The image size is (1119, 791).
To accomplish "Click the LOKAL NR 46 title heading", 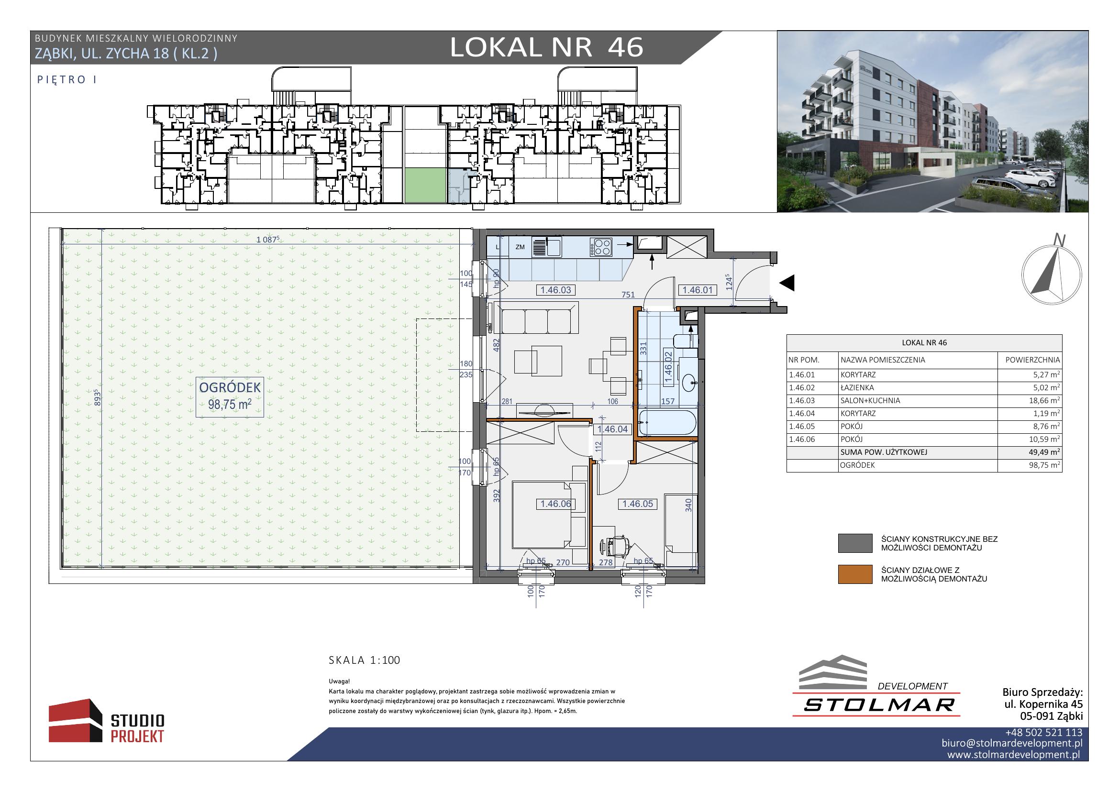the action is [546, 48].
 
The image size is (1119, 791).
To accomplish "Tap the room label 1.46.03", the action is [555, 290].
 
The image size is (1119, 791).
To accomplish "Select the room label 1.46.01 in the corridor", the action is [698, 290].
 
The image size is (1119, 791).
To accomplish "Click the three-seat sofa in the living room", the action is [537, 318].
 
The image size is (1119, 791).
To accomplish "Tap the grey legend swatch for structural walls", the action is [855, 543].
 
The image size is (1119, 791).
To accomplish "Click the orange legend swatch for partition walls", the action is [855, 574].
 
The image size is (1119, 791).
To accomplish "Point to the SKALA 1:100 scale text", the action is [365, 660].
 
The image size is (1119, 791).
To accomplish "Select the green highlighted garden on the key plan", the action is [425, 186].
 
